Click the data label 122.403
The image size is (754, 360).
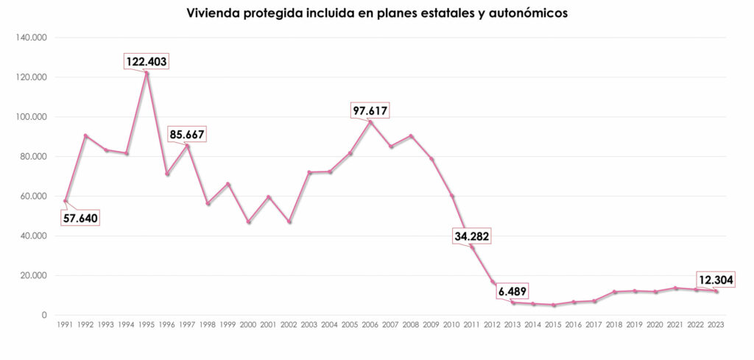click(x=146, y=62)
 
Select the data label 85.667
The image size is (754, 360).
click(x=187, y=135)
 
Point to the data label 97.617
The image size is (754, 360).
click(x=370, y=111)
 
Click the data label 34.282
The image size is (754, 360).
click(x=471, y=236)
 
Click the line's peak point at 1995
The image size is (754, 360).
click(x=147, y=73)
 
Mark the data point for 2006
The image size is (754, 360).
click(x=370, y=121)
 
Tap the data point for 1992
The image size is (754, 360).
click(x=85, y=135)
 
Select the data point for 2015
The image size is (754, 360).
click(x=554, y=305)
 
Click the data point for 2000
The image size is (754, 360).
click(x=248, y=222)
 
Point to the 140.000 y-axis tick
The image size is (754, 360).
click(x=32, y=38)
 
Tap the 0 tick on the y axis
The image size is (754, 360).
click(x=45, y=315)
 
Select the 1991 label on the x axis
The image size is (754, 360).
click(x=65, y=324)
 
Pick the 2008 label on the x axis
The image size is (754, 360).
click(x=411, y=324)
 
